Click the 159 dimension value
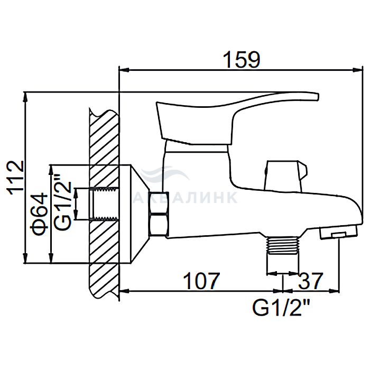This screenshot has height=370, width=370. point(242,60)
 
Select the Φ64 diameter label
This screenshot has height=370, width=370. point(39,214)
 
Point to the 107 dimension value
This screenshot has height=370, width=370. point(201,281)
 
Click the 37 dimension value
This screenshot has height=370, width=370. point(310,281)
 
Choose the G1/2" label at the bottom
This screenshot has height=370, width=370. point(281,308)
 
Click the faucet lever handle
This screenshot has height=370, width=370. point(236,118)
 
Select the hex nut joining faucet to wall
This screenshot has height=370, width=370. point(159,214)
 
